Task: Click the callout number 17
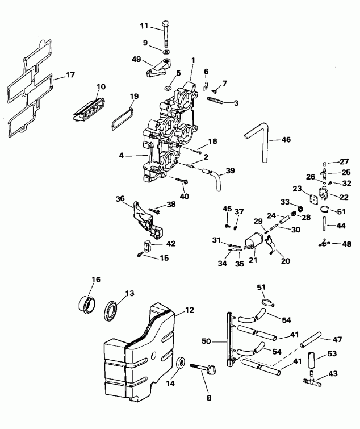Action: click(70, 74)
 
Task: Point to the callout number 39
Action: click(230, 170)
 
